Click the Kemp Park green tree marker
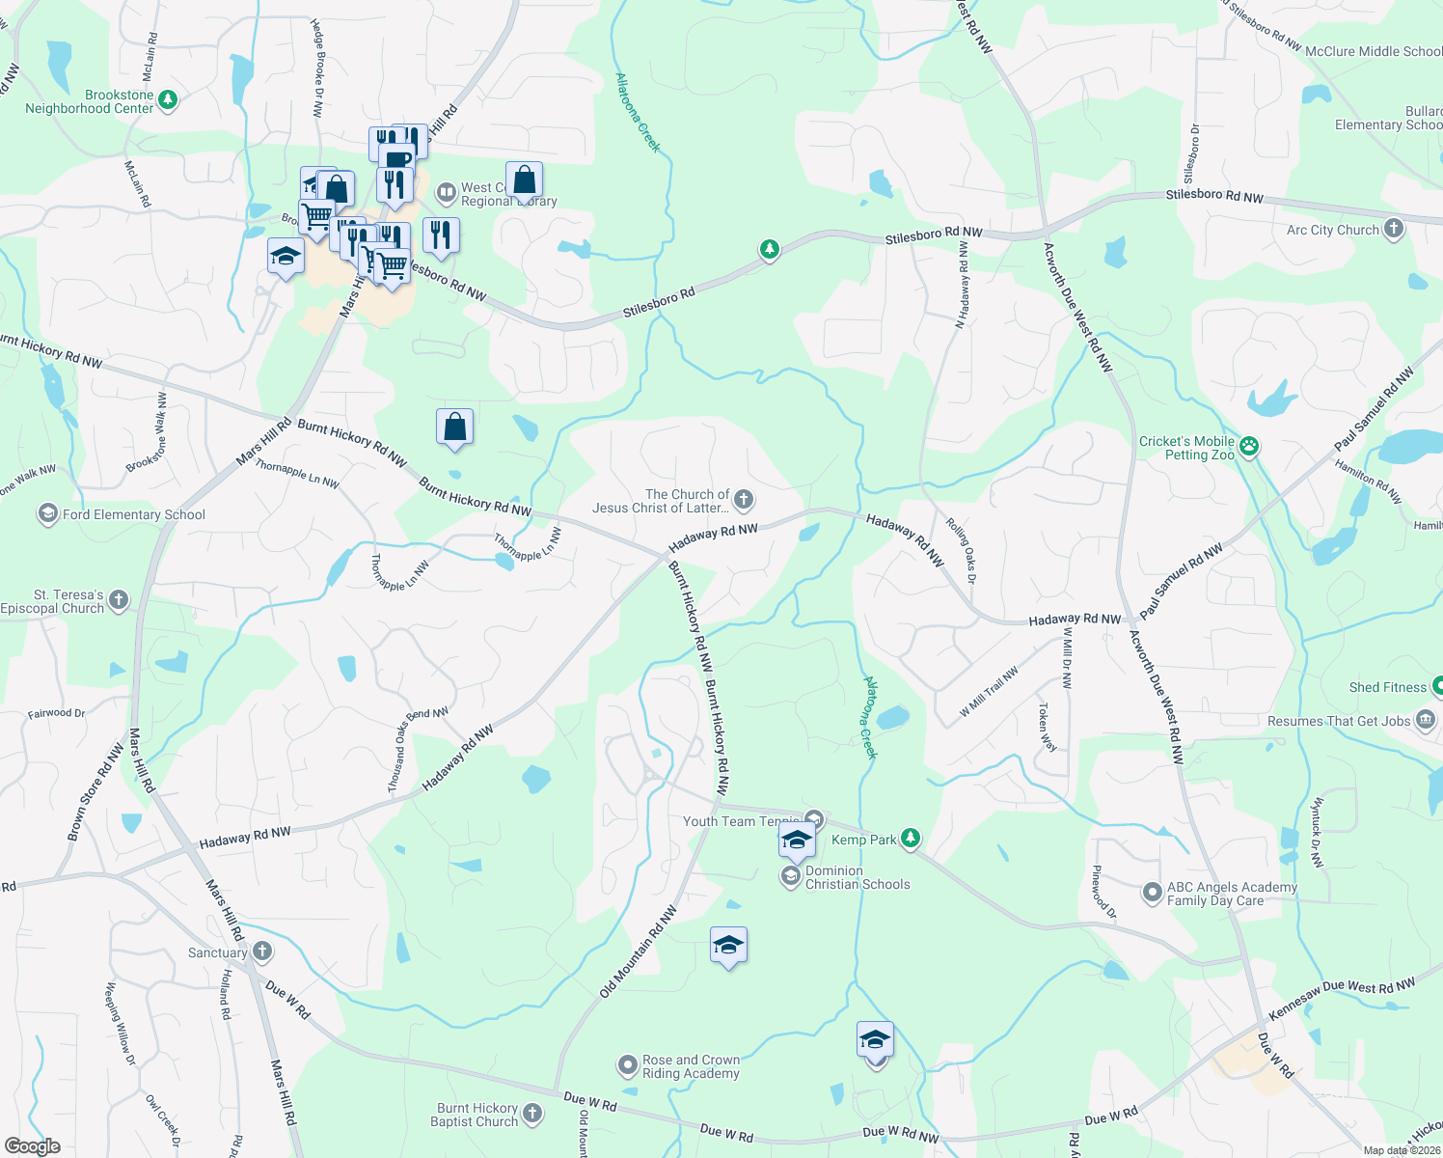[x=910, y=839]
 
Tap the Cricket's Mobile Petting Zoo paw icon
[x=1249, y=446]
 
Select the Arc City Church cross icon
[x=1393, y=229]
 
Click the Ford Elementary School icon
[x=48, y=513]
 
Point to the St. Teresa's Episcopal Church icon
[x=118, y=600]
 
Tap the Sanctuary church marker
[x=261, y=951]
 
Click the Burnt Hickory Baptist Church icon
[x=531, y=1115]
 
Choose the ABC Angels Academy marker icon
[x=1152, y=893]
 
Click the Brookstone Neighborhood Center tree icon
[x=168, y=99]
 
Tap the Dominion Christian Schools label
[x=857, y=877]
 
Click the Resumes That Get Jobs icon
[x=1426, y=720]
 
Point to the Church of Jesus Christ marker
[x=743, y=500]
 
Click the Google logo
[x=32, y=1145]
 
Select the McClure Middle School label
[x=1373, y=51]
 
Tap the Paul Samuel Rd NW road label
[x=1181, y=581]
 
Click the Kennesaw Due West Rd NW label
[x=1342, y=999]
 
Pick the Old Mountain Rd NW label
[x=638, y=951]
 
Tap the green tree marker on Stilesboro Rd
[x=769, y=250]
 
